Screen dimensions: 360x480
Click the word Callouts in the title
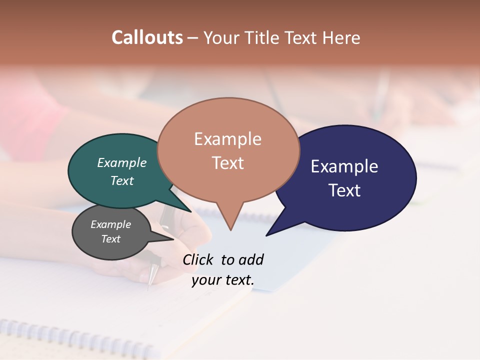tap(147, 37)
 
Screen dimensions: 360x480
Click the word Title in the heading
tap(265, 38)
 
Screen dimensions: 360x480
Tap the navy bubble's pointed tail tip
tap(267, 235)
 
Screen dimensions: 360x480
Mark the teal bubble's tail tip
tap(190, 211)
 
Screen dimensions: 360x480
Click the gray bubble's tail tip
tap(173, 239)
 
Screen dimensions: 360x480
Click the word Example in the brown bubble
tap(227, 139)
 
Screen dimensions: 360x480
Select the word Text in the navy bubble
tap(344, 190)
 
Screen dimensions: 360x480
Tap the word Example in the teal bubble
tap(122, 163)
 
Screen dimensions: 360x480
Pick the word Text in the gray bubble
tap(111, 239)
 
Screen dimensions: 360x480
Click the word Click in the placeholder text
tap(198, 259)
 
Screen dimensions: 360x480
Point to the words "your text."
tap(223, 280)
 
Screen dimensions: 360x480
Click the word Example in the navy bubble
tap(344, 166)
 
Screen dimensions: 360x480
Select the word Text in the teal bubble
tap(122, 181)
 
